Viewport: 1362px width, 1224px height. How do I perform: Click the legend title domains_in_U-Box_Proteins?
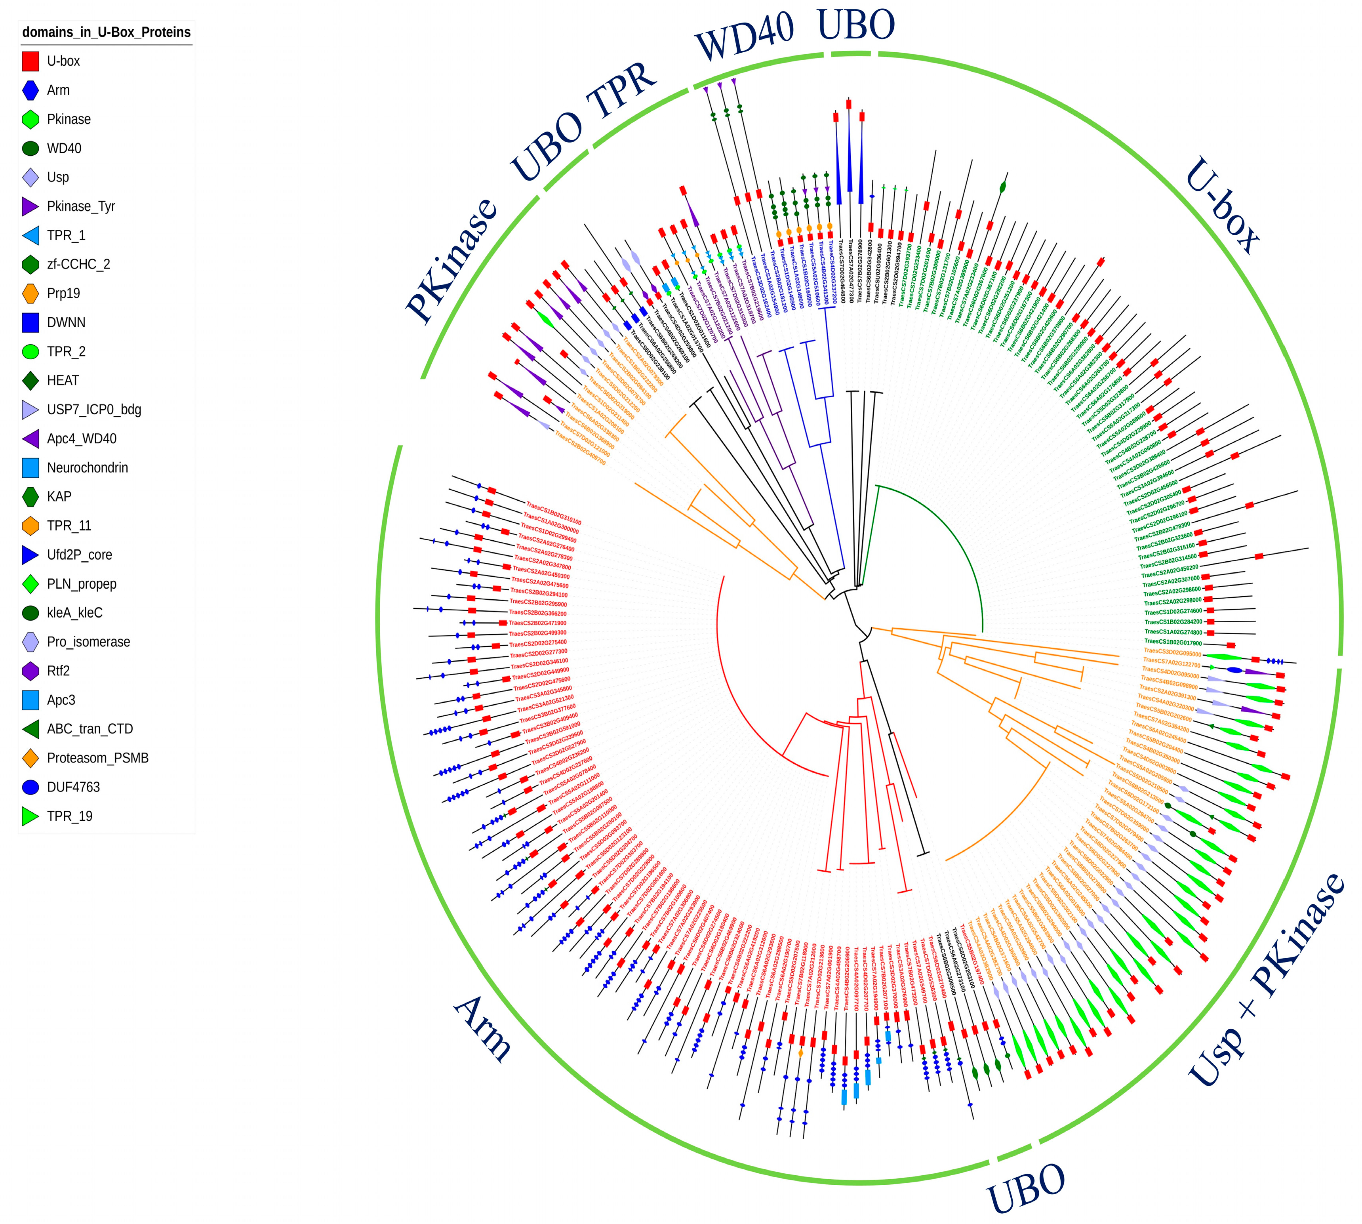[x=106, y=32]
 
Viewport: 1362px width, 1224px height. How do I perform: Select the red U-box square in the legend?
[x=30, y=61]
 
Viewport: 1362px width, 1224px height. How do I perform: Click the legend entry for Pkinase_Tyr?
[x=81, y=206]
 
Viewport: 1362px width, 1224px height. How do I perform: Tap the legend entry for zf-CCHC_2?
[x=78, y=264]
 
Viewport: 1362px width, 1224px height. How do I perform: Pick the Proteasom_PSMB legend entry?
[x=97, y=758]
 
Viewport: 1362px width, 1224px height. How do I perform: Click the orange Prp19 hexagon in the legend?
[x=30, y=293]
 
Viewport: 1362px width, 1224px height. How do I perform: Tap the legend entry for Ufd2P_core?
[x=79, y=555]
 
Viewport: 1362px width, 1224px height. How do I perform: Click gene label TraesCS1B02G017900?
[x=1173, y=643]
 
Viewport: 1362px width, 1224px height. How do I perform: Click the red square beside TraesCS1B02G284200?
[x=1210, y=622]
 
